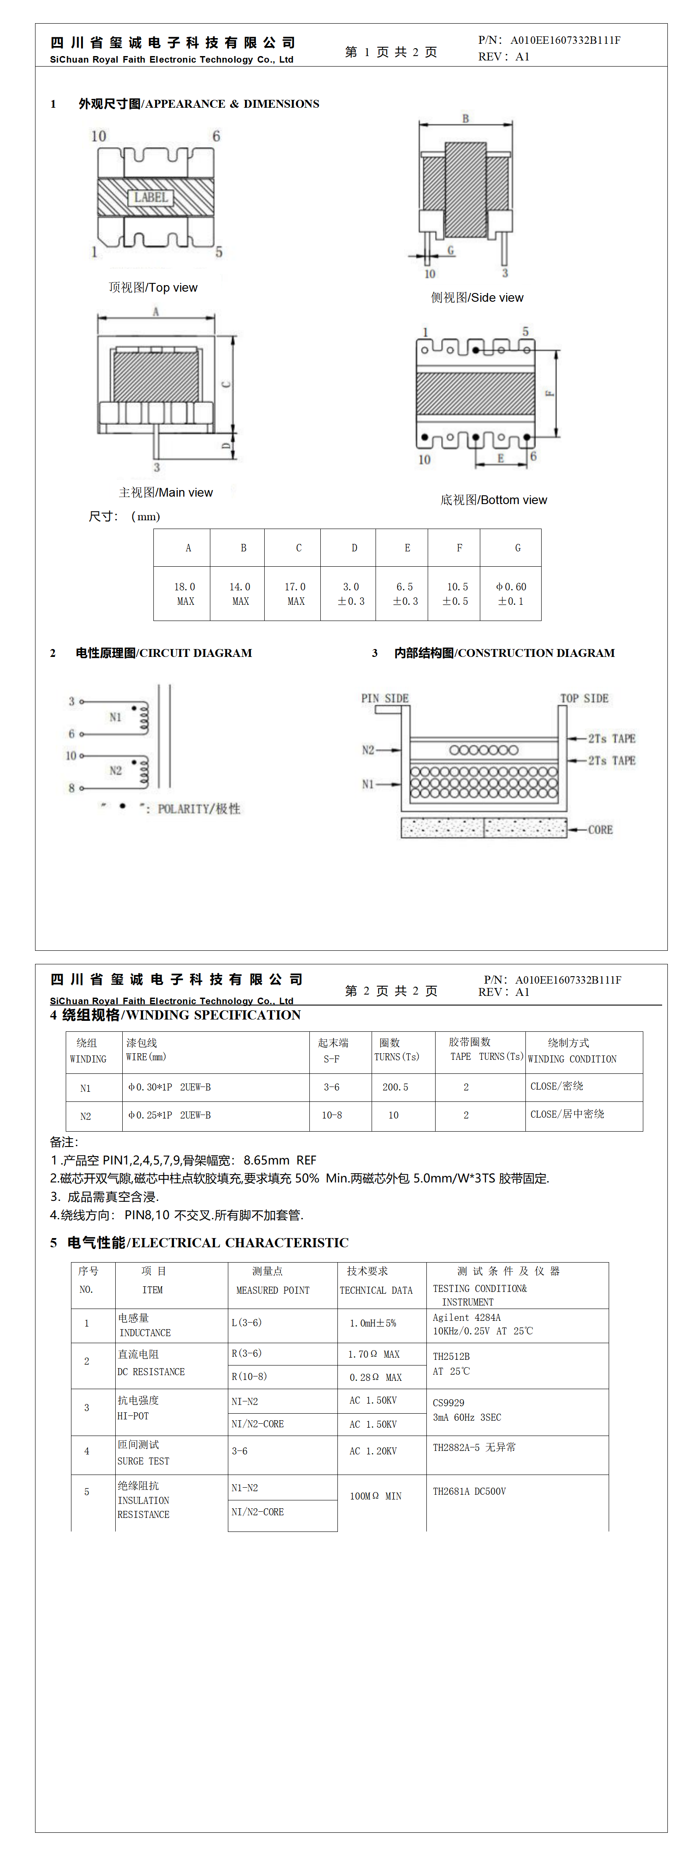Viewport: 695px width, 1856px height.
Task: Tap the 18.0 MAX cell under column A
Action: (184, 594)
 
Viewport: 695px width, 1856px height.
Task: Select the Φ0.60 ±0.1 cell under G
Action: (511, 594)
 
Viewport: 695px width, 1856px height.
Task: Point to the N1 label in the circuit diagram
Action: (115, 717)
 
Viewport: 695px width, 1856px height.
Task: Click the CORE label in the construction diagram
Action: (600, 829)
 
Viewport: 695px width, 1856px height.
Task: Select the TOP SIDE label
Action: (584, 698)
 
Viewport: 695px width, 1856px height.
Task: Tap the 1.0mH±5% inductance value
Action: (373, 1323)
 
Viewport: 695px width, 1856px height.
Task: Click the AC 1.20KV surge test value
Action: (373, 1450)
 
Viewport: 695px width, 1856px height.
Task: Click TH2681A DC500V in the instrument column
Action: (469, 1492)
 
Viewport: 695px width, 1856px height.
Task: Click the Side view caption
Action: (477, 297)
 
